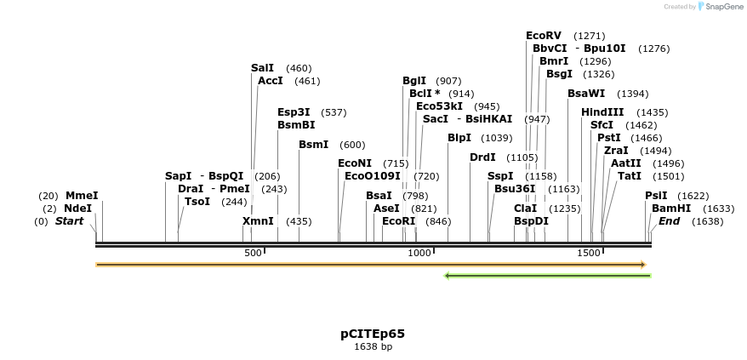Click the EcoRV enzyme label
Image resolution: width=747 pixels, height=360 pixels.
(544, 36)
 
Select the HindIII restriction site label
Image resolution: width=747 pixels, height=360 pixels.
(602, 111)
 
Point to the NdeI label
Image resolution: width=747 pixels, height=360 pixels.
(77, 208)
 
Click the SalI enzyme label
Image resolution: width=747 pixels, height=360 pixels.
(263, 67)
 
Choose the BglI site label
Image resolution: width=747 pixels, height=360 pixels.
(414, 81)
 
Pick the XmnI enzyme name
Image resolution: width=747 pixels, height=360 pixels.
(259, 220)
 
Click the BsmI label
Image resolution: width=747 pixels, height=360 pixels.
(313, 145)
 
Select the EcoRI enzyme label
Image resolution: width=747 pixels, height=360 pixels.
(398, 220)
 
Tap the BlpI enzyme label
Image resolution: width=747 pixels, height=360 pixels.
(459, 138)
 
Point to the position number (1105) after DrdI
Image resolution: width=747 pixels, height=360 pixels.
(522, 157)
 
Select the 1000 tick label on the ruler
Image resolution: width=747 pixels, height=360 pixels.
(419, 253)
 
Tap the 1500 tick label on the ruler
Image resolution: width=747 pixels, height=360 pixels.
(590, 253)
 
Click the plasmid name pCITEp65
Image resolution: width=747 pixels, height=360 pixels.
(373, 334)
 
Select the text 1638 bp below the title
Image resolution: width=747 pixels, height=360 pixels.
(373, 346)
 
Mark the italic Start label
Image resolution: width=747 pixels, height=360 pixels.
(70, 221)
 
